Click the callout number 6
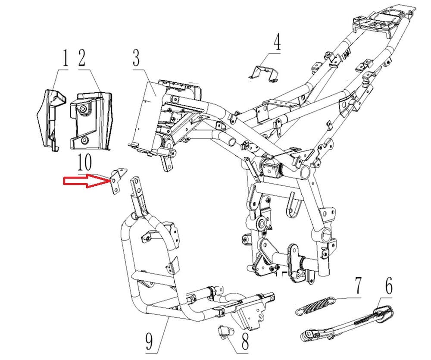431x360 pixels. point(388,286)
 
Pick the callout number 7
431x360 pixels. point(358,286)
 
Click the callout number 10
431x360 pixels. point(84,163)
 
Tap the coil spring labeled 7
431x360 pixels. point(315,305)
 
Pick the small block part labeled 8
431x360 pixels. point(225,331)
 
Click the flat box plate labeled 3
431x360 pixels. point(144,114)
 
